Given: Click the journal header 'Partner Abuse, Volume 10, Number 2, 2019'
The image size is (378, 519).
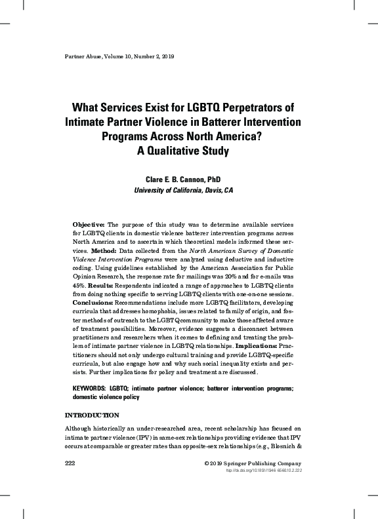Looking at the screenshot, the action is tap(118, 56).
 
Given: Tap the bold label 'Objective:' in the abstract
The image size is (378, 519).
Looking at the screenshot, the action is tap(87, 225).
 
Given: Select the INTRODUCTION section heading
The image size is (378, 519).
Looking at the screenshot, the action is tap(91, 415).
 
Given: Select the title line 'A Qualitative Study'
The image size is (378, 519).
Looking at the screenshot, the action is tap(183, 150).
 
